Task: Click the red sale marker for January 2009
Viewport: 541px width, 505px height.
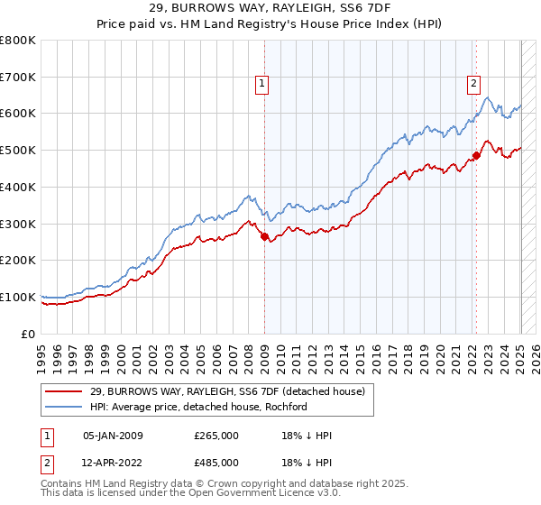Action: point(264,237)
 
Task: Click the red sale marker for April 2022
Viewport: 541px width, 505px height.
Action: point(477,156)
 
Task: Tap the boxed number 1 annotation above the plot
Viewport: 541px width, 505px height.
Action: point(261,85)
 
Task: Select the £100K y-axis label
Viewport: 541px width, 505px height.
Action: point(18,297)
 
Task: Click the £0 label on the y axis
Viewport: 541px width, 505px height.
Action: point(30,334)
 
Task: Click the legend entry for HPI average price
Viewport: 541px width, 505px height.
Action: point(198,407)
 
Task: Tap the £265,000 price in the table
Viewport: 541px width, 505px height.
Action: point(216,436)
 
